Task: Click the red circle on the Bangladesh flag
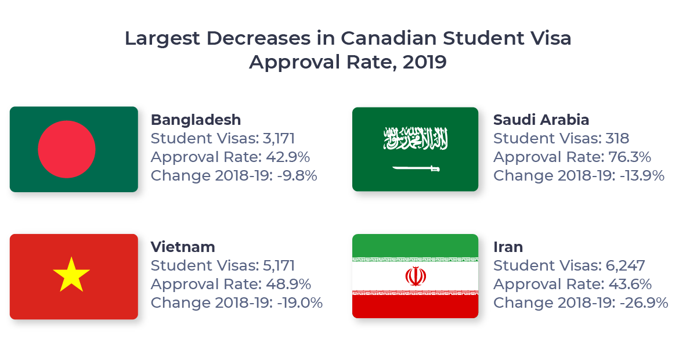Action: [x=67, y=149]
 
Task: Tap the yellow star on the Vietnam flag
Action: [x=71, y=275]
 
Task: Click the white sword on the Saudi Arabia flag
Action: [x=416, y=168]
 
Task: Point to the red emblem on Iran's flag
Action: [x=415, y=276]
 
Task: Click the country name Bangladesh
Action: [x=196, y=120]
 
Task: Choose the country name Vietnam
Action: [x=183, y=247]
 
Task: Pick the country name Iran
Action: [x=508, y=247]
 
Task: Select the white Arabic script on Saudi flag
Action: [x=416, y=139]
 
